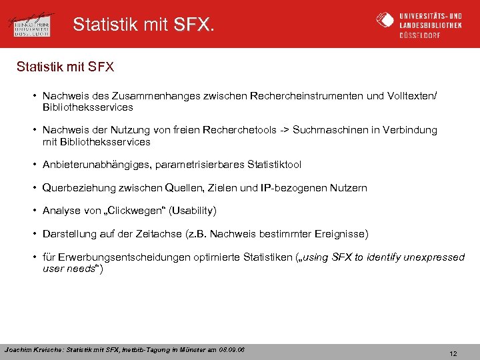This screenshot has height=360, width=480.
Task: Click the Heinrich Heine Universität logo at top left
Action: pyautogui.click(x=33, y=24)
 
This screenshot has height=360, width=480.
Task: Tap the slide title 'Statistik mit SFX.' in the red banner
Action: pyautogui.click(x=144, y=25)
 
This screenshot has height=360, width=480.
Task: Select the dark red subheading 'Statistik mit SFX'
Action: pyautogui.click(x=66, y=67)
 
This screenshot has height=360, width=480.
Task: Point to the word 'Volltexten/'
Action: pyautogui.click(x=411, y=96)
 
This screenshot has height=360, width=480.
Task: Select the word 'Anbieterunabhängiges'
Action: pyautogui.click(x=91, y=164)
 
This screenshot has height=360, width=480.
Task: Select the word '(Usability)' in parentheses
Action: pyautogui.click(x=193, y=211)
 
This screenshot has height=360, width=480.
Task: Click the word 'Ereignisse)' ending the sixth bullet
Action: pyautogui.click(x=342, y=234)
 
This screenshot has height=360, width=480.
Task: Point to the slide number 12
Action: pyautogui.click(x=453, y=354)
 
